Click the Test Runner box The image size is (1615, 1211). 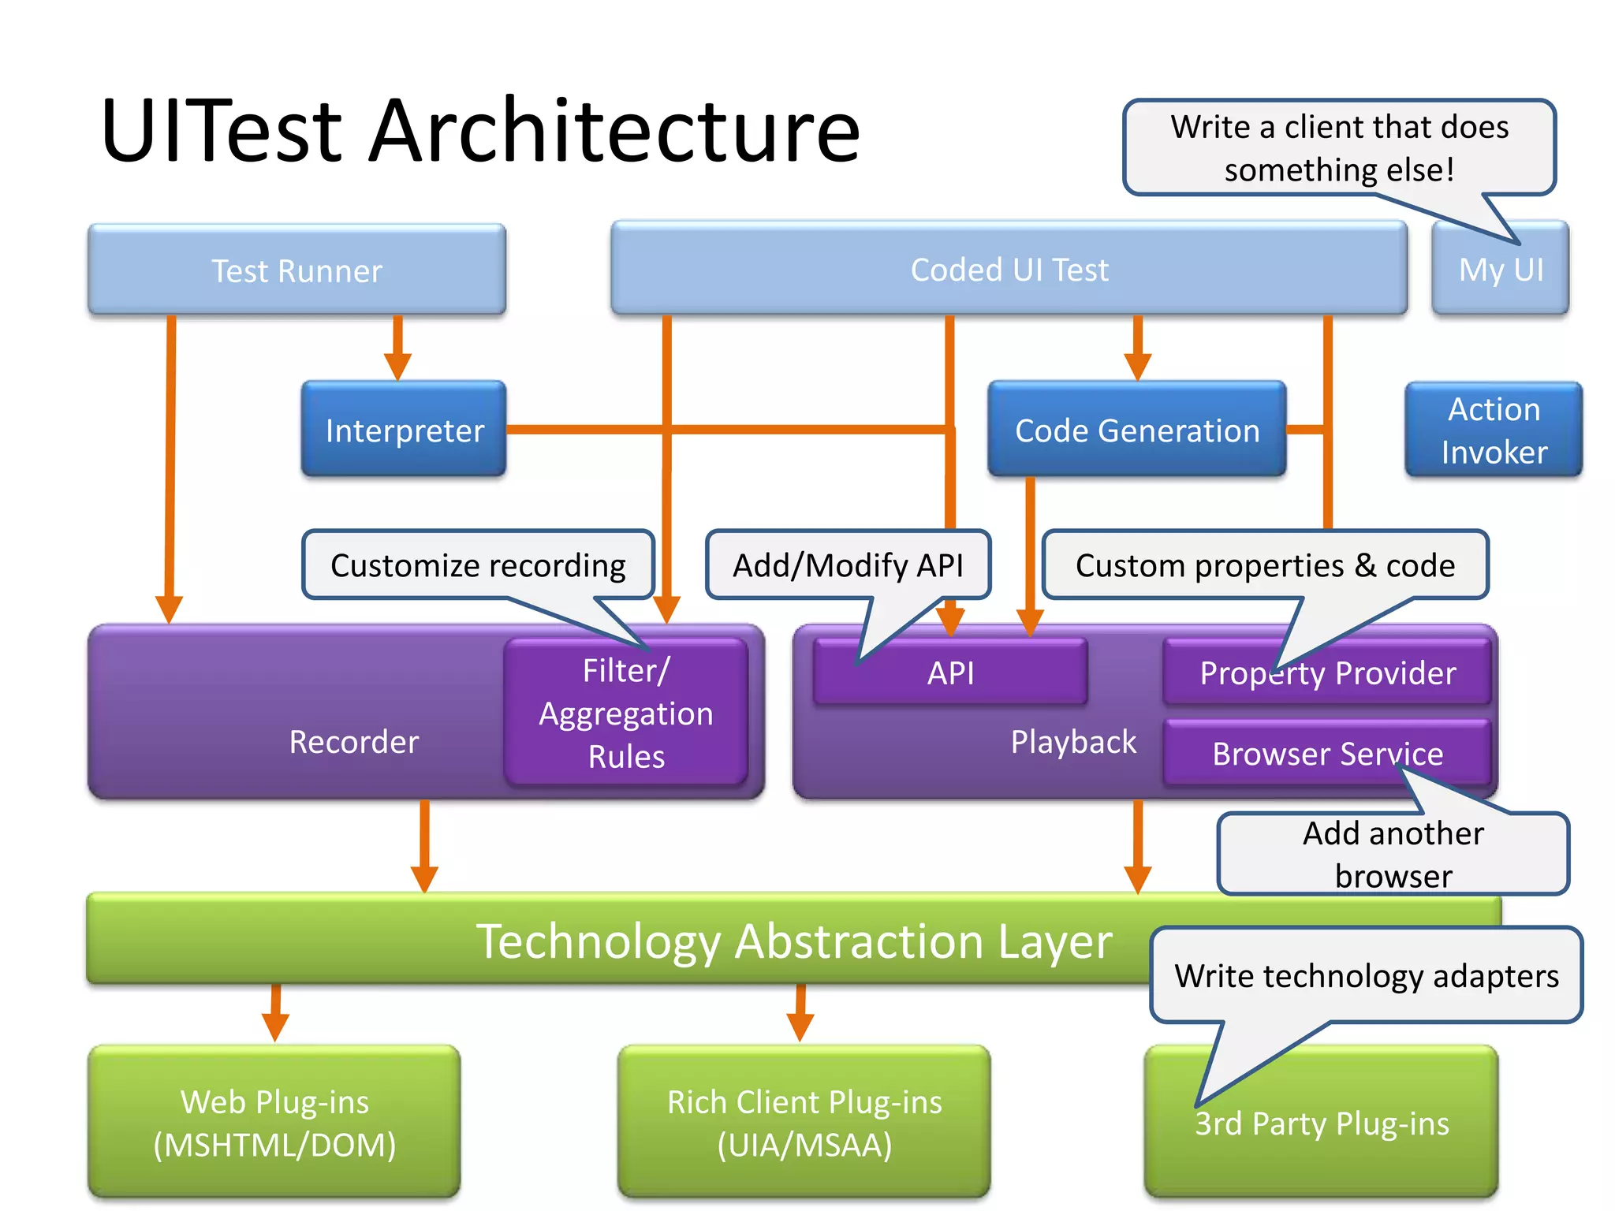(x=297, y=270)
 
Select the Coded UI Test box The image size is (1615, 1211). (x=1009, y=270)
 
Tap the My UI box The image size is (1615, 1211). (x=1500, y=270)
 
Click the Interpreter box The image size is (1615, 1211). (x=404, y=430)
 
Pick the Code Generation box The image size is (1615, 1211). (x=1136, y=430)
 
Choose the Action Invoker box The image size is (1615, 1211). (x=1494, y=430)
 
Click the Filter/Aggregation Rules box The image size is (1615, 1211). (x=626, y=714)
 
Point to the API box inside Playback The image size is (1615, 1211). (x=950, y=673)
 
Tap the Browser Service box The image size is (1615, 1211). (x=1327, y=754)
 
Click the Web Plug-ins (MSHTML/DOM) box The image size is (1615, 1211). (x=274, y=1123)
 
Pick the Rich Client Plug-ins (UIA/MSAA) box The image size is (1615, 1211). (x=804, y=1123)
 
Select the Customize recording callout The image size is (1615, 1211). (x=478, y=565)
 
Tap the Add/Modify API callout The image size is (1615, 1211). (x=848, y=565)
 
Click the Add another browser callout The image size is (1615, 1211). (x=1393, y=854)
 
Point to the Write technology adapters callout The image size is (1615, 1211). (x=1366, y=976)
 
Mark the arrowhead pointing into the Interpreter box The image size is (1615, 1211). (x=397, y=367)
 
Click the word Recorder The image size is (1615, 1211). (x=353, y=742)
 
